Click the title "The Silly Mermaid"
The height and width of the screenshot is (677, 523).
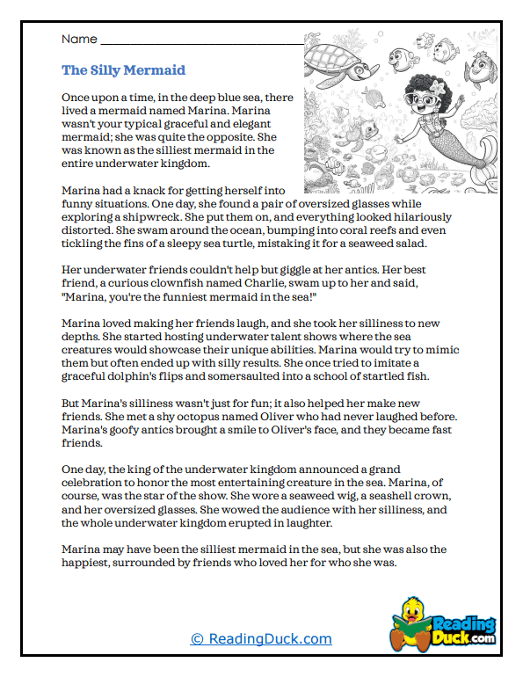click(x=123, y=70)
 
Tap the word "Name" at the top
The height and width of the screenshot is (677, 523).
click(x=78, y=40)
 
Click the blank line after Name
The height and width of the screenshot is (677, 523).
click(x=202, y=42)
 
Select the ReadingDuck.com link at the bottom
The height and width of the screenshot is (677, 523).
click(x=261, y=639)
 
